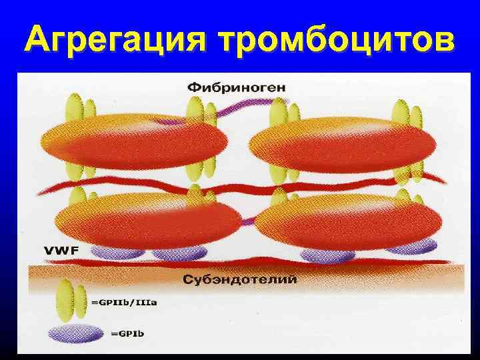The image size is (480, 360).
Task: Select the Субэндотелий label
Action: pos(239,279)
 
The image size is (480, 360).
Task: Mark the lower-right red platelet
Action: pos(350,220)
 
